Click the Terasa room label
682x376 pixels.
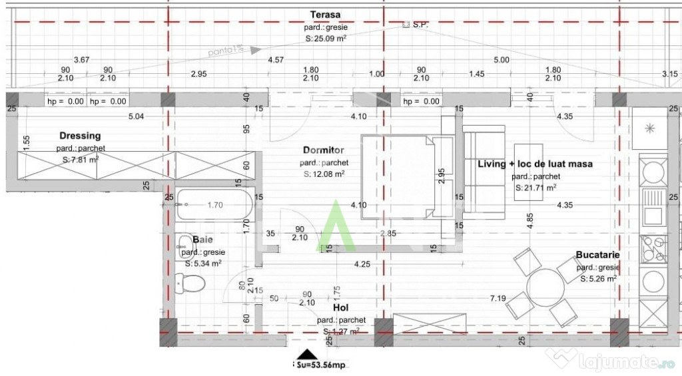325,15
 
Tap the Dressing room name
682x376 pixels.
80,136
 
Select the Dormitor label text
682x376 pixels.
323,151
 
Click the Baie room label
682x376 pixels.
202,240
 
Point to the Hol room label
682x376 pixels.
341,309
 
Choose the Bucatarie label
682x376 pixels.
598,255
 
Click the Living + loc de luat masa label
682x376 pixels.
535,164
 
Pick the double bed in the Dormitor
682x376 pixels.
406,176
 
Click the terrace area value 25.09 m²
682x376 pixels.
326,39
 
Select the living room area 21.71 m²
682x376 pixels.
536,188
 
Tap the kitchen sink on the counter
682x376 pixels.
652,207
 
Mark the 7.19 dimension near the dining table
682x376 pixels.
498,298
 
